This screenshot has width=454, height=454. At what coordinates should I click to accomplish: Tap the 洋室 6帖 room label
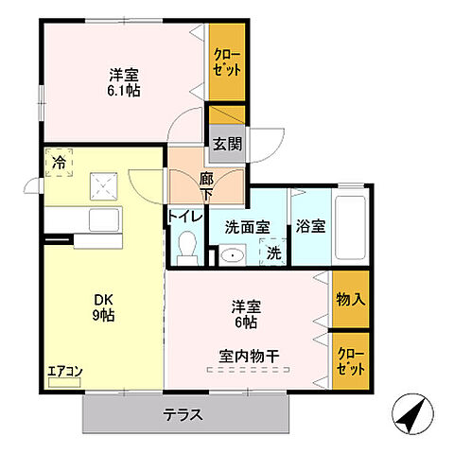(x=245, y=314)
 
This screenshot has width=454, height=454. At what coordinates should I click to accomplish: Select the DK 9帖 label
(x=103, y=307)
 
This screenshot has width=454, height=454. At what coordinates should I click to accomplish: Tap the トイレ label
(x=185, y=216)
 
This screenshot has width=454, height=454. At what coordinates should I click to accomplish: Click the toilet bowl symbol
(x=186, y=248)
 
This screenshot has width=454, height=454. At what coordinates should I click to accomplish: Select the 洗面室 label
(x=247, y=227)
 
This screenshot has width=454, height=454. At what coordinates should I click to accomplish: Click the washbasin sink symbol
(x=231, y=253)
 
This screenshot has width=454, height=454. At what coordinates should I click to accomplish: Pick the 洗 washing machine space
(x=272, y=253)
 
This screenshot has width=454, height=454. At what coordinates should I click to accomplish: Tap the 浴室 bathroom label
(x=309, y=227)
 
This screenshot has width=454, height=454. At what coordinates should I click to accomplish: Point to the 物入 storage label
(x=349, y=299)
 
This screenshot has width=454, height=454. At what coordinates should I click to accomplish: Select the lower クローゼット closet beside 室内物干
(x=349, y=359)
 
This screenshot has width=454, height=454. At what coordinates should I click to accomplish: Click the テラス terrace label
(x=183, y=413)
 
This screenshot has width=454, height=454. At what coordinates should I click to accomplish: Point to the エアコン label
(x=64, y=371)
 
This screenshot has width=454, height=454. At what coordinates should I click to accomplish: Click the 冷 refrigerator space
(x=57, y=164)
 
